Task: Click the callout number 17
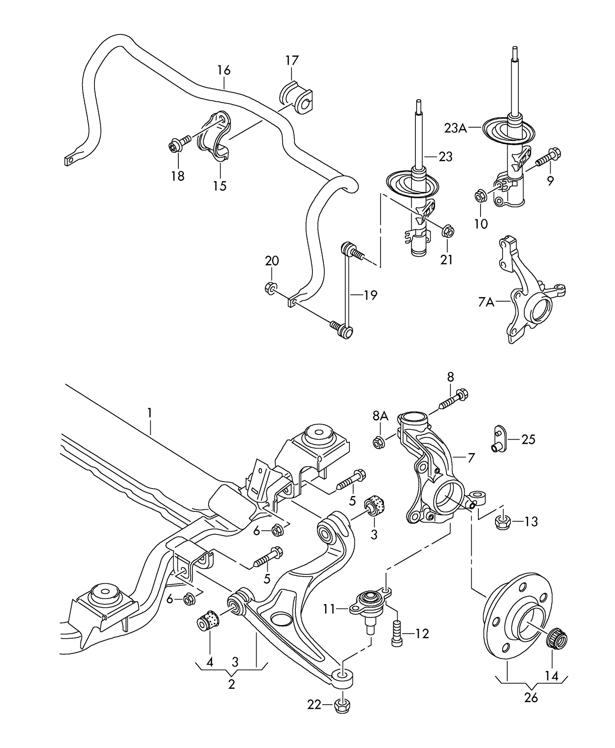(292, 60)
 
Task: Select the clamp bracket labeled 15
(214, 136)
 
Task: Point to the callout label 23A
(455, 128)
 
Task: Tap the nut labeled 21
(448, 231)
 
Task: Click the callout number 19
(370, 295)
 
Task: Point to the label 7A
(486, 302)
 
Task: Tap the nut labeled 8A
(378, 443)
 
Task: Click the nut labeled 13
(503, 522)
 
